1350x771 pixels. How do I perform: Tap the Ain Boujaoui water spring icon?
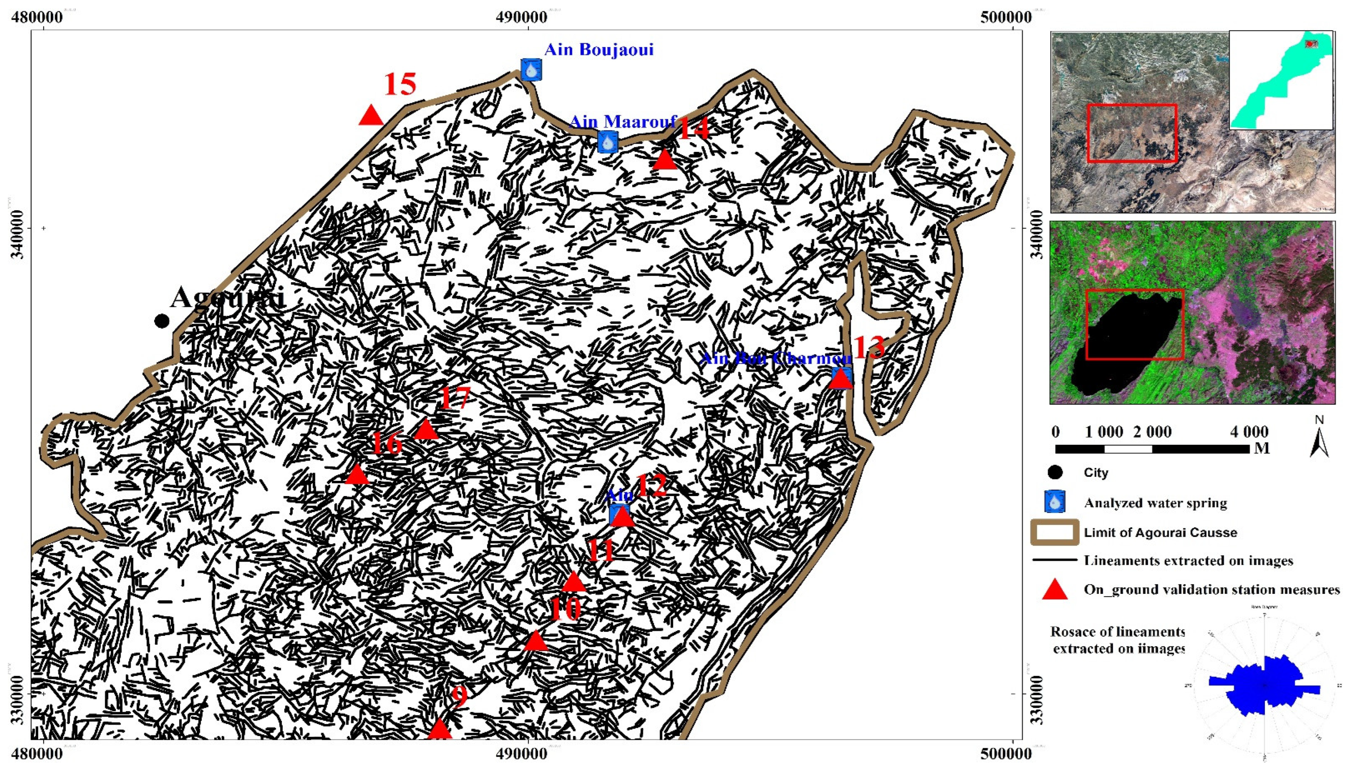click(531, 69)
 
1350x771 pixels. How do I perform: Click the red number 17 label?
click(455, 398)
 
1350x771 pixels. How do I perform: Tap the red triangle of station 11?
click(573, 582)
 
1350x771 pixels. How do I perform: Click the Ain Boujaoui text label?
click(599, 50)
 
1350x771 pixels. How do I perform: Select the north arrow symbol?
click(1319, 437)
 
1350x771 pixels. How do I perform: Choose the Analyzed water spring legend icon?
click(1055, 502)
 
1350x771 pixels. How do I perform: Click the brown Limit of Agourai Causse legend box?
click(1055, 532)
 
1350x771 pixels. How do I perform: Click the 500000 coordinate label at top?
click(1005, 17)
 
